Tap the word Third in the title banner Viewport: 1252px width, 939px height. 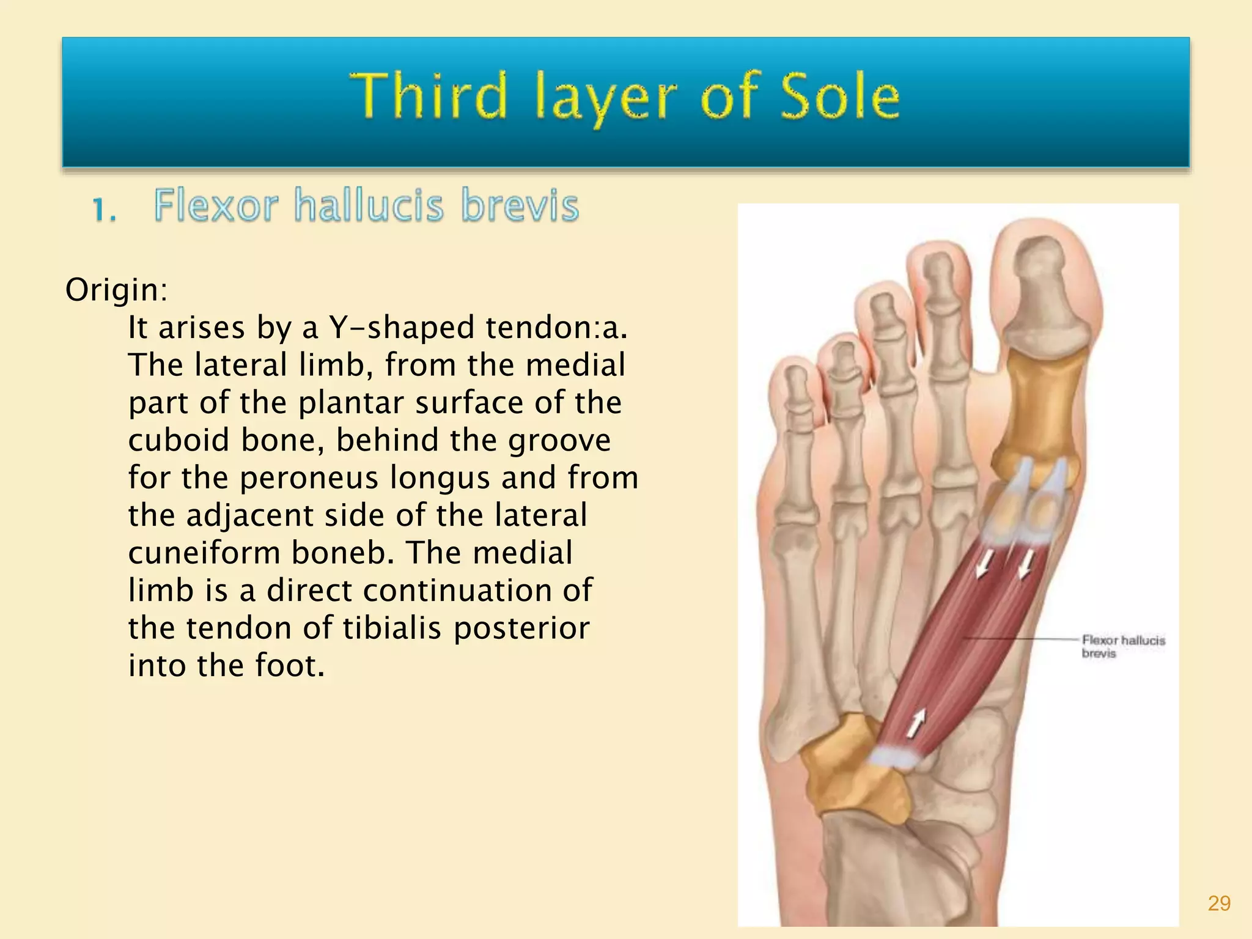[x=428, y=97]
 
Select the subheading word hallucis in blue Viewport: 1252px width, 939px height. [x=369, y=205]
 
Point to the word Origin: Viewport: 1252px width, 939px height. [x=116, y=290]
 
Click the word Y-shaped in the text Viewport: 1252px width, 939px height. [x=402, y=328]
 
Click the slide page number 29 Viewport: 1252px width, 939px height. [x=1219, y=904]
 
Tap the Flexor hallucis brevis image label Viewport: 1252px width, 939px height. [x=1122, y=646]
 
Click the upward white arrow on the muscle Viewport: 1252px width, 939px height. [x=915, y=724]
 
